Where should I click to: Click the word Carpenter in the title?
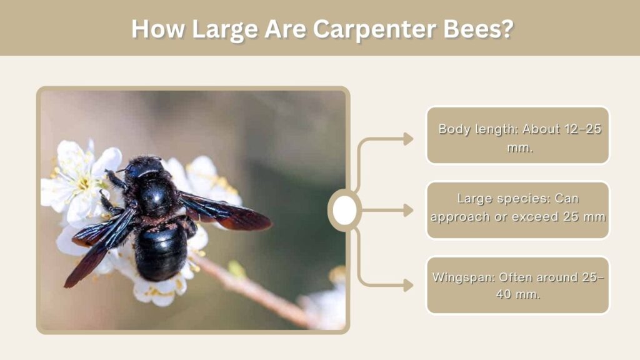tap(374, 29)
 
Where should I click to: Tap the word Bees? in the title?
tap(478, 29)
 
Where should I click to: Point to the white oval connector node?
tap(344, 210)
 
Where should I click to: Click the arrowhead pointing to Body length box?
tap(408, 139)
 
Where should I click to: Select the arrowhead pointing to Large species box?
tap(408, 211)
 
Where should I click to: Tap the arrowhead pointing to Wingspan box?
tap(408, 285)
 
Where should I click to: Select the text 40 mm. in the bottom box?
tap(518, 294)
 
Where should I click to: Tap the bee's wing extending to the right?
tap(224, 211)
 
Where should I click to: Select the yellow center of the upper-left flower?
tap(84, 184)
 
